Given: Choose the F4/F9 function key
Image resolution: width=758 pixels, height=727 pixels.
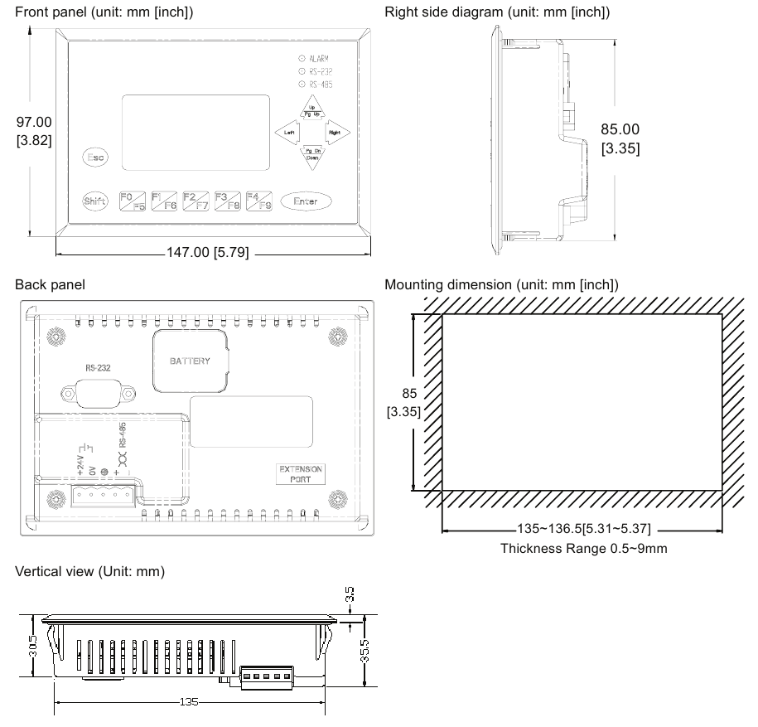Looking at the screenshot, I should [x=259, y=201].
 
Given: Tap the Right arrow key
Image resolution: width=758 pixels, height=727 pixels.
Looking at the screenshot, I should [x=335, y=133].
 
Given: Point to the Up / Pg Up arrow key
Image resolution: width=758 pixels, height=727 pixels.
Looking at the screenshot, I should [x=312, y=110].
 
